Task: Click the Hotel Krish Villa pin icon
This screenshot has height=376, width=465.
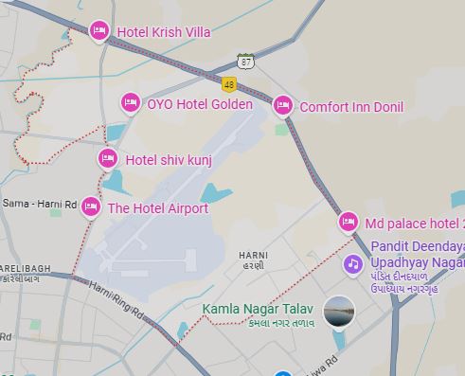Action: coord(98,31)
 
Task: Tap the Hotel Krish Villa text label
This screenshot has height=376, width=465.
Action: coord(163,32)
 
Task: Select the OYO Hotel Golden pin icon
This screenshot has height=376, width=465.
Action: coord(130,103)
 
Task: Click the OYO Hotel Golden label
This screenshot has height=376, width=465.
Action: coord(200,104)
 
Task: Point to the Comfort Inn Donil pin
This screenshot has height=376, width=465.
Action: coord(282,106)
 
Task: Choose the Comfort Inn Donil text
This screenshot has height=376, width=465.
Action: coord(351,107)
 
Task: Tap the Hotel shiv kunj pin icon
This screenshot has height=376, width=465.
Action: coord(108,158)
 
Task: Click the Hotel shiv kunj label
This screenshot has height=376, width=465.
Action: coord(169,160)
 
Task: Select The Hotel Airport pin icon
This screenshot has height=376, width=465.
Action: coord(91,207)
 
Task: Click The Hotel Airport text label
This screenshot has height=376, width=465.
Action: coord(158,208)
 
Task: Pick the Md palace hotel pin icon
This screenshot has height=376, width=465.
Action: coord(348,223)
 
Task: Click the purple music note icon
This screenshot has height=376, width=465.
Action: coord(352,263)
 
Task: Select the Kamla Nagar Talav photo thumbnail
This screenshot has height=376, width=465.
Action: coord(338,311)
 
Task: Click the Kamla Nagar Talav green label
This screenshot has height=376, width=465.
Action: coord(259,309)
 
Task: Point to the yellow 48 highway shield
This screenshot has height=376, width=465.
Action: coord(229,85)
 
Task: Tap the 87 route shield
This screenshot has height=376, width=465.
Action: coord(246,62)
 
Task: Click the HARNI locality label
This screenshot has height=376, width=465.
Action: coord(253,256)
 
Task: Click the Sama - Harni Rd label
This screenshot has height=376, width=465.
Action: coord(38,204)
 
